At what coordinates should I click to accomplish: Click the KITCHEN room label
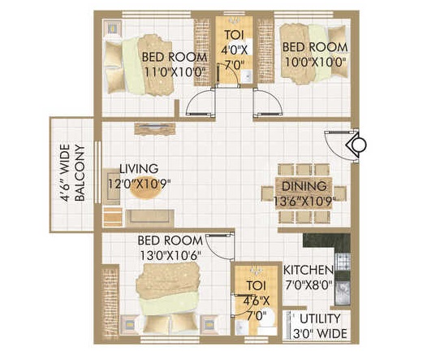309,270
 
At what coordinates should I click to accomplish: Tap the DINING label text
304,186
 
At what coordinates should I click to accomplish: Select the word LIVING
139,169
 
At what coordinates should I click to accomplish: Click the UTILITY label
320,319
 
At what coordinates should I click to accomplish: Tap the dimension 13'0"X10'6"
170,255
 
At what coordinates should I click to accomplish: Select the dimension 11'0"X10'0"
174,72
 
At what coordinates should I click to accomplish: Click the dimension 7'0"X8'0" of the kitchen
309,285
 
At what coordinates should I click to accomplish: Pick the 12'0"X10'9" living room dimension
139,184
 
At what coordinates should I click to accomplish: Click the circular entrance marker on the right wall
359,145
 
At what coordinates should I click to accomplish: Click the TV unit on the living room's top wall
155,128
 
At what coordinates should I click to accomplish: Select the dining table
304,193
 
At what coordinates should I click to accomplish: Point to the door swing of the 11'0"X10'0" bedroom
200,102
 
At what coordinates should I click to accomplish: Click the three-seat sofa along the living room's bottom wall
150,217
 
